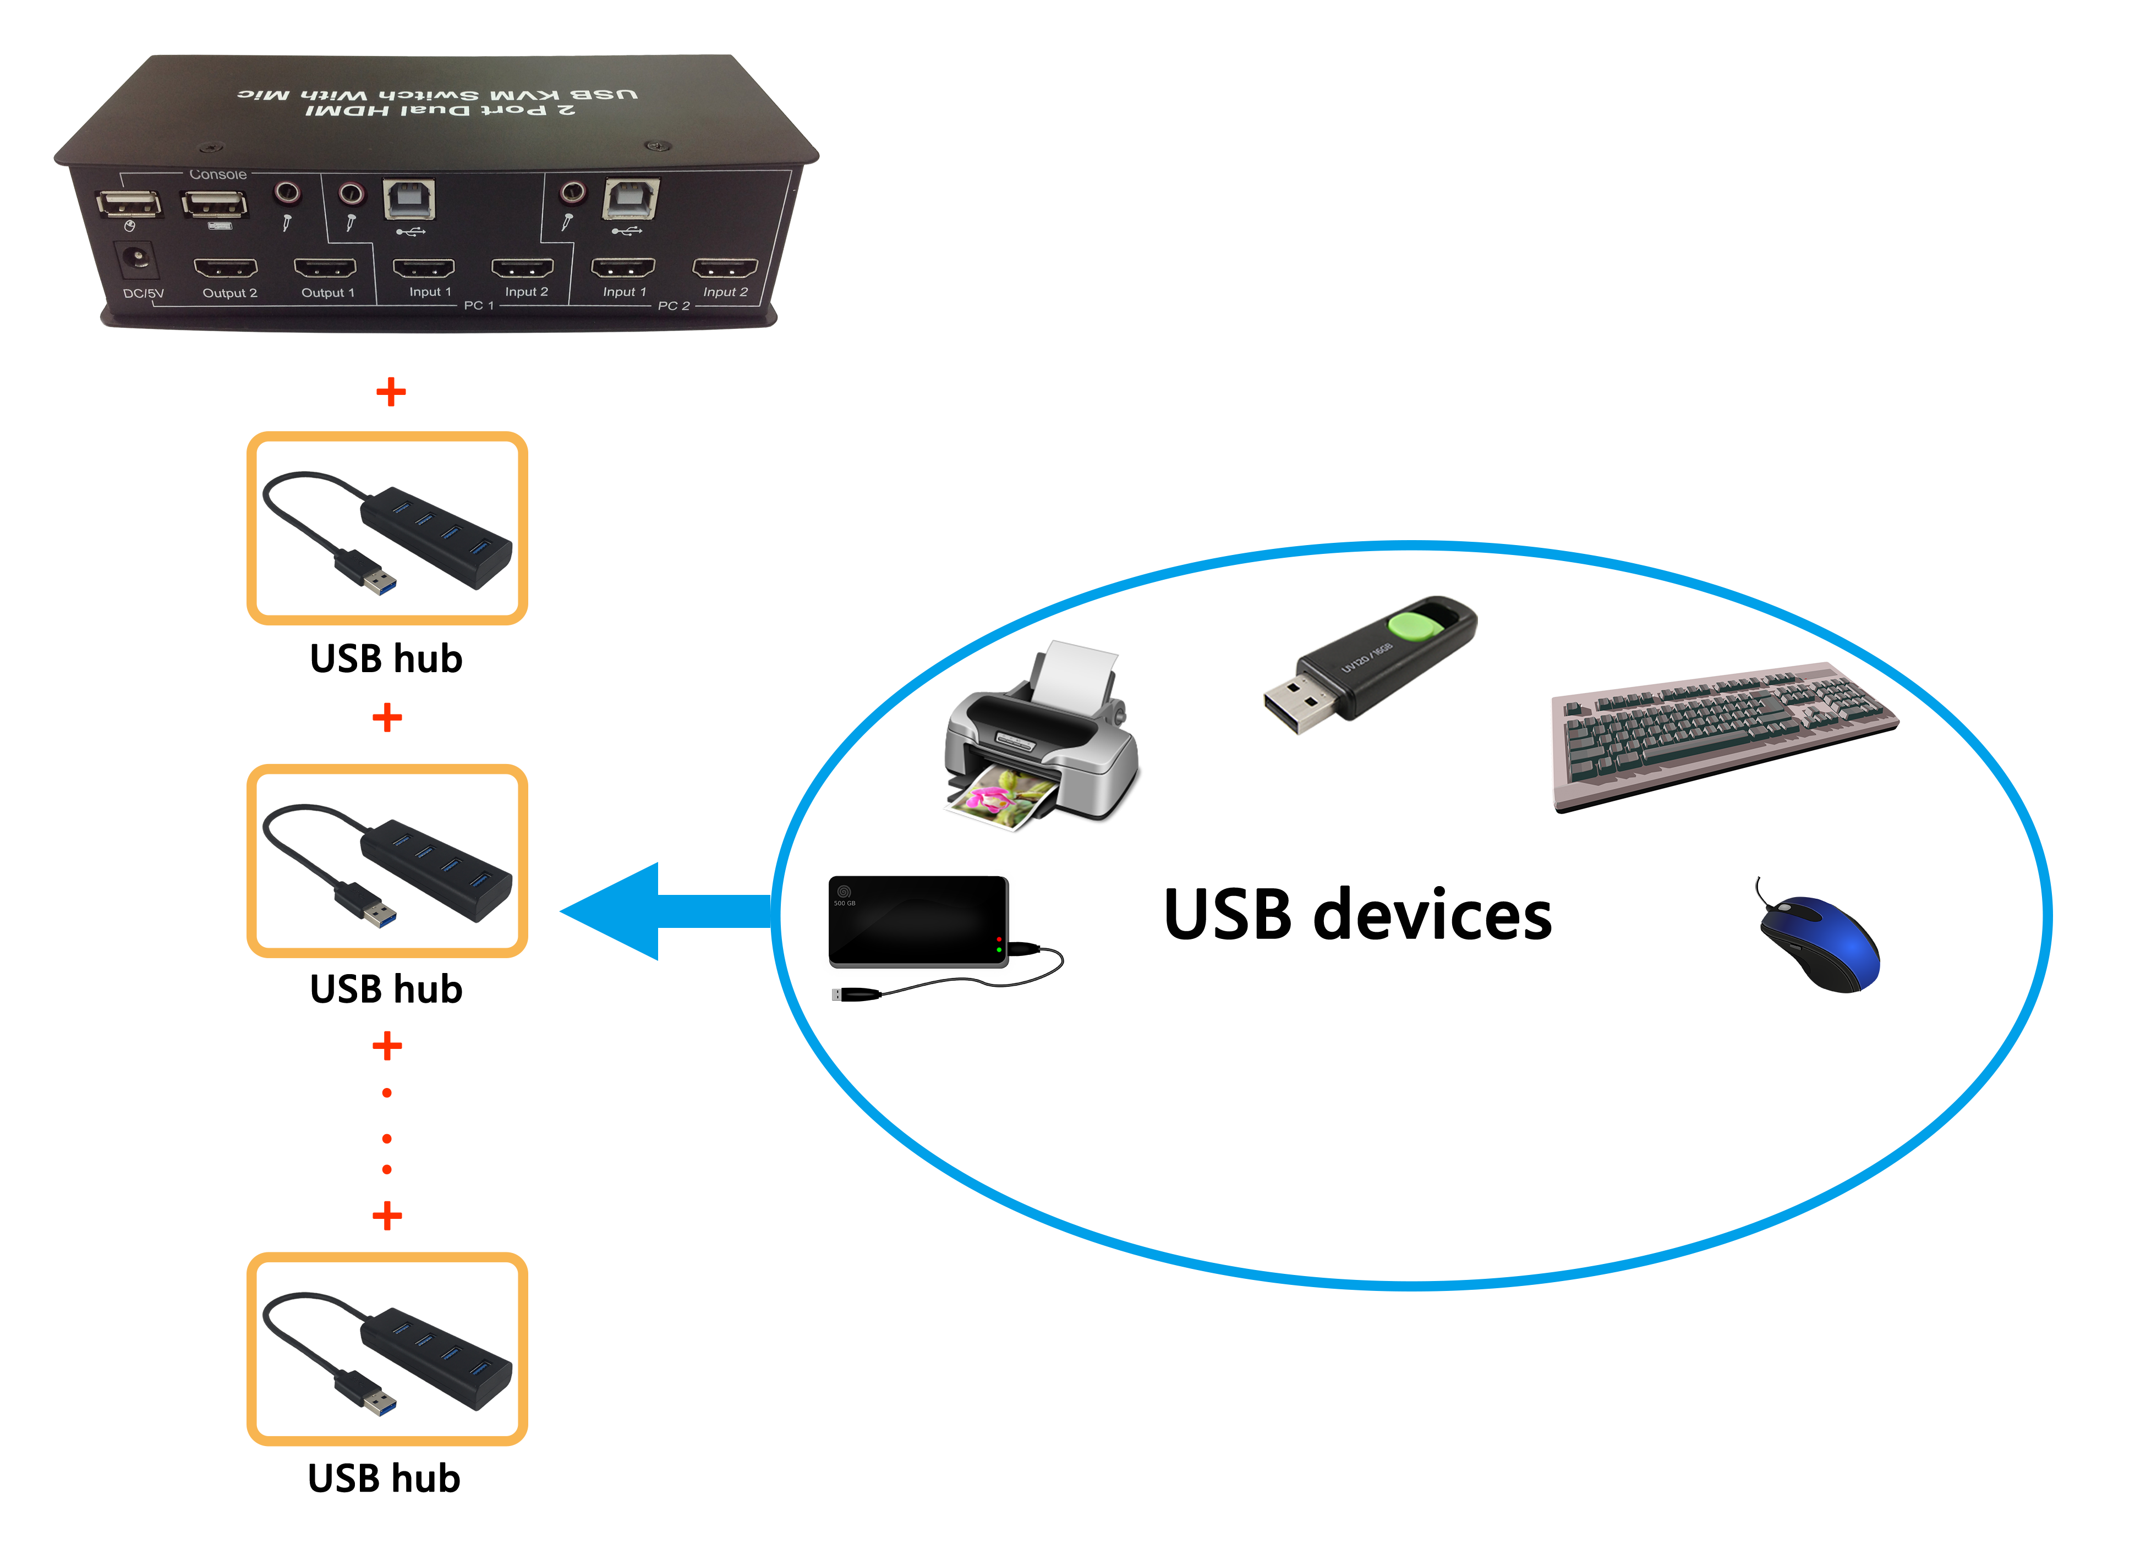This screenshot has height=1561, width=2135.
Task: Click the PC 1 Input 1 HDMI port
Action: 423,267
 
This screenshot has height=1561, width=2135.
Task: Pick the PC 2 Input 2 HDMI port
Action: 725,267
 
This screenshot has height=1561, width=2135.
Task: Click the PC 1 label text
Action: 478,305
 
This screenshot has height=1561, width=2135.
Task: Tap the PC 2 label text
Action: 673,305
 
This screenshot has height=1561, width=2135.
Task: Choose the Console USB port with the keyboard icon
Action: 215,202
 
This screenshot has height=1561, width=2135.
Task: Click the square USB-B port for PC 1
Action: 409,199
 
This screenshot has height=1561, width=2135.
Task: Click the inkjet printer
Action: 1042,737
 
